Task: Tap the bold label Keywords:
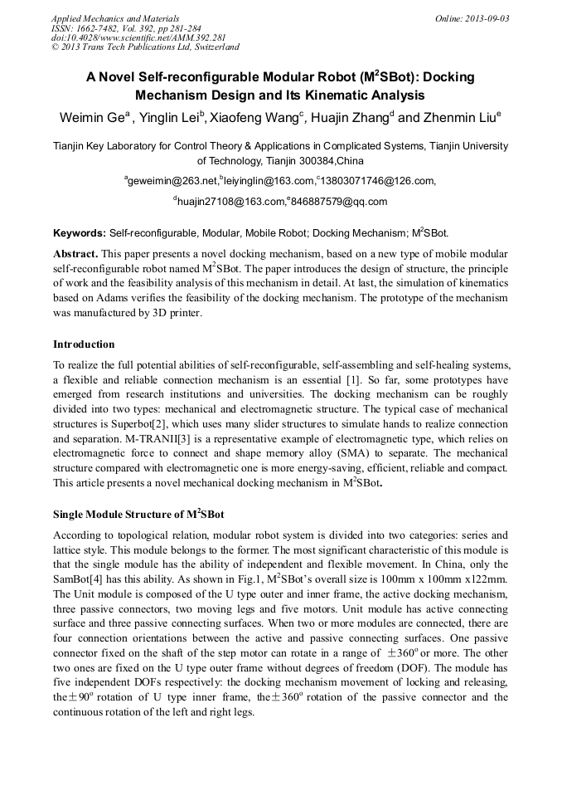tap(80, 234)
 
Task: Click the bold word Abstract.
tap(76, 253)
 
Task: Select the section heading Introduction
tap(84, 344)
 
